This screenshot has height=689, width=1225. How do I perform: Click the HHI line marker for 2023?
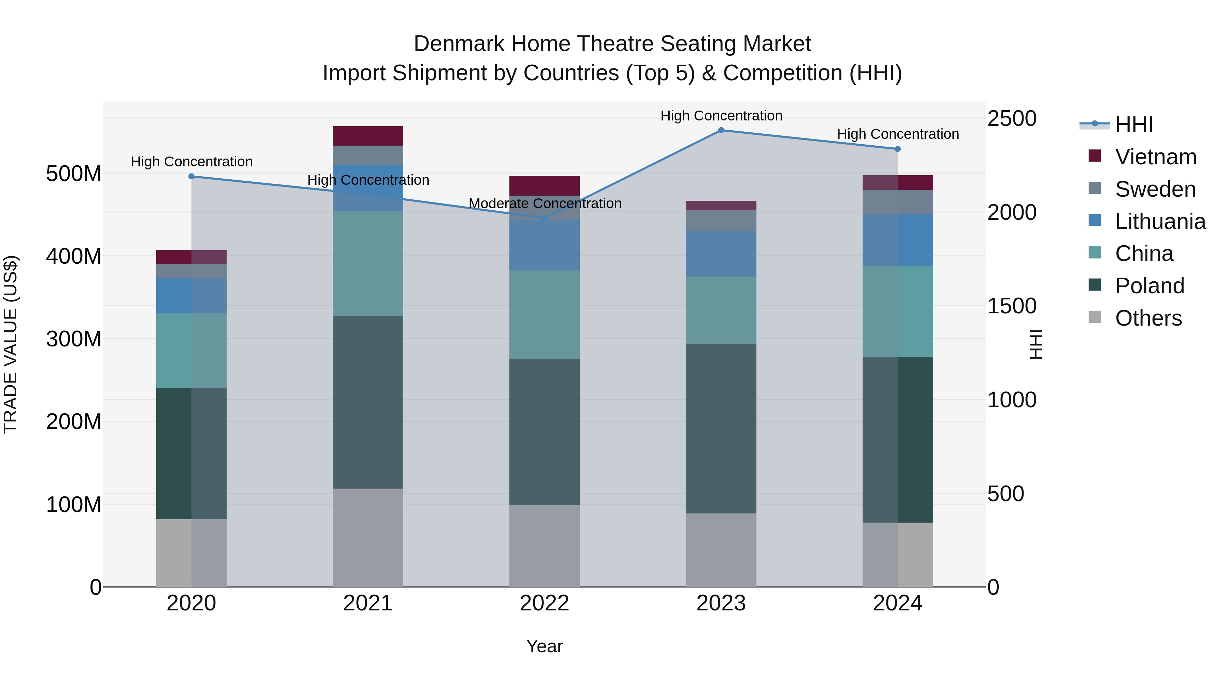pos(721,130)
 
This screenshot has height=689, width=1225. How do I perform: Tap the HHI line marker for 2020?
pos(192,176)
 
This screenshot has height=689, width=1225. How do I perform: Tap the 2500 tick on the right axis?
pos(1012,118)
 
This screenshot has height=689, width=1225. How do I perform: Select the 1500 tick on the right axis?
pos(1012,306)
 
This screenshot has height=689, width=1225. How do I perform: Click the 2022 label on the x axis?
pos(544,603)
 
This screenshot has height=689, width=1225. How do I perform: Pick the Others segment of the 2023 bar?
pos(721,550)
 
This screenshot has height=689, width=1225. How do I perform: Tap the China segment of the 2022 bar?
pos(544,314)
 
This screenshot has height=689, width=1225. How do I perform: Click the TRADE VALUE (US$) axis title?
pos(11,344)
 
